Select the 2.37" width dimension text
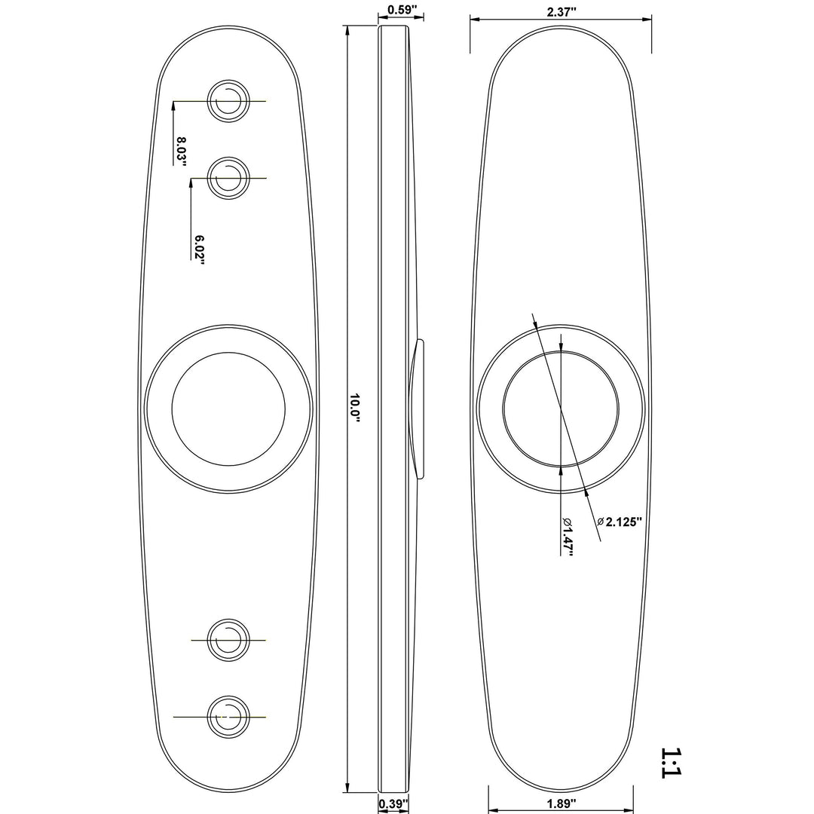click(x=562, y=13)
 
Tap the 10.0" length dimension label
click(x=354, y=408)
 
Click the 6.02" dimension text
click(x=199, y=249)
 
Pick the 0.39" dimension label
click(x=393, y=803)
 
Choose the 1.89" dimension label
click(x=562, y=804)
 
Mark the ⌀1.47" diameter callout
click(x=568, y=537)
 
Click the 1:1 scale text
click(x=670, y=763)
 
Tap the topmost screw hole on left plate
click(x=228, y=101)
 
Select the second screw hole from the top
click(x=228, y=178)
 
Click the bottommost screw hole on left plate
click(x=228, y=717)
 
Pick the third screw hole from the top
click(x=228, y=641)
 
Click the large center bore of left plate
click(x=228, y=409)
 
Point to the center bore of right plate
click(x=561, y=408)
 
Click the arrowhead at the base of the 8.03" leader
click(x=173, y=106)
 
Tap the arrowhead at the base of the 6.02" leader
click(x=191, y=183)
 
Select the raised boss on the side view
click(x=417, y=409)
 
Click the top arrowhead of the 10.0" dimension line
click(x=346, y=30)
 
